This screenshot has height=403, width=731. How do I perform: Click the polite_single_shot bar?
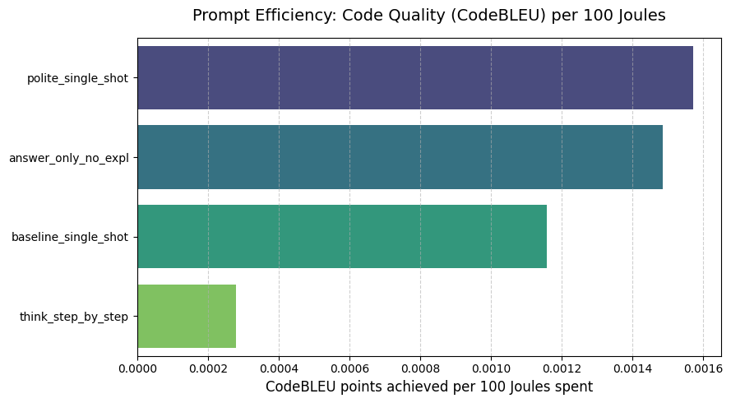(x=415, y=77)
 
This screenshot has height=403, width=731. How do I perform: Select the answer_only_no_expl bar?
(x=400, y=157)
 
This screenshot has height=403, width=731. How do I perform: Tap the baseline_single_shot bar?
(x=342, y=237)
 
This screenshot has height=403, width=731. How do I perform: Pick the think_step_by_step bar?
(x=187, y=317)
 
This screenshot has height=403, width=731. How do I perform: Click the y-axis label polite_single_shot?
(x=77, y=78)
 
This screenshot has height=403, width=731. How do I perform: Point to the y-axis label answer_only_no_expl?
(x=69, y=158)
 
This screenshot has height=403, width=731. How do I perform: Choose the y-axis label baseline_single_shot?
(x=70, y=238)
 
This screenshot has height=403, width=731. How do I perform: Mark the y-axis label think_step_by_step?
(x=74, y=317)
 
